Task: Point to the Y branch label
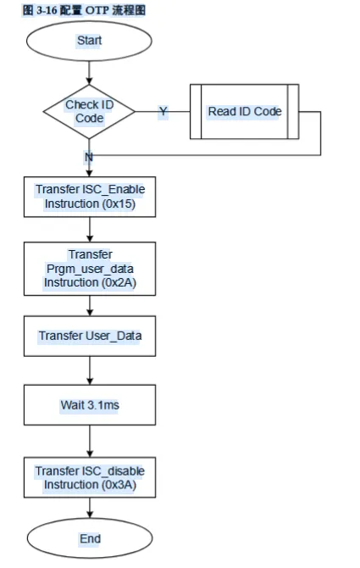(163, 111)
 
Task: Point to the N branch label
(89, 157)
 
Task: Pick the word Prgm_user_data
(90, 269)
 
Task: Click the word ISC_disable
(114, 471)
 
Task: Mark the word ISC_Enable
(114, 189)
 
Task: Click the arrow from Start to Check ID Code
(89, 73)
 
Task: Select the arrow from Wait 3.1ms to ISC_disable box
(90, 441)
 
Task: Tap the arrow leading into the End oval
(90, 508)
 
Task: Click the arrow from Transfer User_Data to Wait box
(90, 370)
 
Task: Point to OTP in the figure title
(97, 10)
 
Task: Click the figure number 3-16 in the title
(47, 10)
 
